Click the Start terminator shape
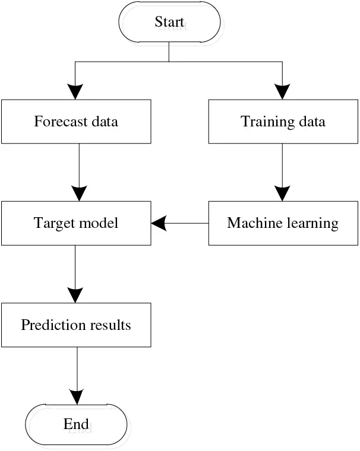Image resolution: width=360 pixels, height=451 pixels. [x=170, y=22]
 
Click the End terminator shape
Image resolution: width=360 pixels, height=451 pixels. [x=76, y=424]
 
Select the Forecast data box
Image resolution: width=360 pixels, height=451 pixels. [x=76, y=122]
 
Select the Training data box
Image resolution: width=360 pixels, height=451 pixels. [x=283, y=122]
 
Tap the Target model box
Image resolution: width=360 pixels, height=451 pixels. [x=76, y=223]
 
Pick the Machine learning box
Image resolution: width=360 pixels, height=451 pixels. [x=283, y=223]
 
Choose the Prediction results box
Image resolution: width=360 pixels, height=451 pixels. [x=76, y=325]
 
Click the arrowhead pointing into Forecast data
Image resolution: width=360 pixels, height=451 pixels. [x=75, y=91]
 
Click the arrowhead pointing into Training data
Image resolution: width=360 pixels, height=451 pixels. [x=282, y=91]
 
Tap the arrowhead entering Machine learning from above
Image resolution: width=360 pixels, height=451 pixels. [x=282, y=193]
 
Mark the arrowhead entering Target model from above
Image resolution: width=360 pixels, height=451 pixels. [x=78, y=193]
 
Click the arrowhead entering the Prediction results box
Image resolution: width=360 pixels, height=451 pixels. [x=75, y=295]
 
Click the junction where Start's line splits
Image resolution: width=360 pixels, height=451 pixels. [x=169, y=61]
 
